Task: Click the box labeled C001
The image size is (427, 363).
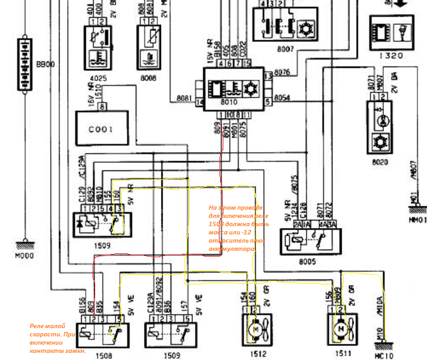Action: point(101,129)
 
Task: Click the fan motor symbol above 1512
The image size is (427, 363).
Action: point(254,328)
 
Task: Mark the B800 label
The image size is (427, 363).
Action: point(45,65)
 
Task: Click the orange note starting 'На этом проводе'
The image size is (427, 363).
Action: point(237,228)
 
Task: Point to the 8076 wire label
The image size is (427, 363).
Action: point(282,72)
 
